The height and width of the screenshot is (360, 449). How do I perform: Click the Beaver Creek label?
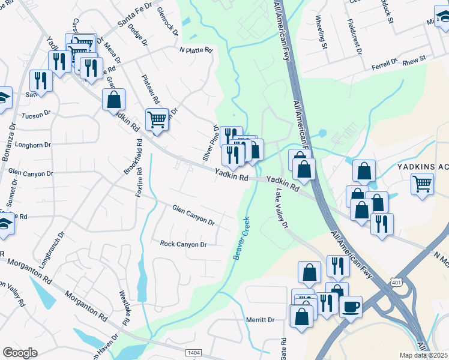click(246, 238)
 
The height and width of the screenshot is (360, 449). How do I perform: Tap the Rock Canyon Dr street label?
click(183, 244)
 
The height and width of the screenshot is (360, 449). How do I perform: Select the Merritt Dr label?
click(260, 320)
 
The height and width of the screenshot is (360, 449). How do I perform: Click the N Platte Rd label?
click(196, 50)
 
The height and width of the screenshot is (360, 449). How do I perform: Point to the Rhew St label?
click(414, 59)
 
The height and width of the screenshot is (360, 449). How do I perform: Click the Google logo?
click(20, 353)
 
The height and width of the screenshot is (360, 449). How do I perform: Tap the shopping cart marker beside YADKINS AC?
click(423, 183)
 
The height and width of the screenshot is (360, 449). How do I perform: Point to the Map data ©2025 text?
click(424, 355)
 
